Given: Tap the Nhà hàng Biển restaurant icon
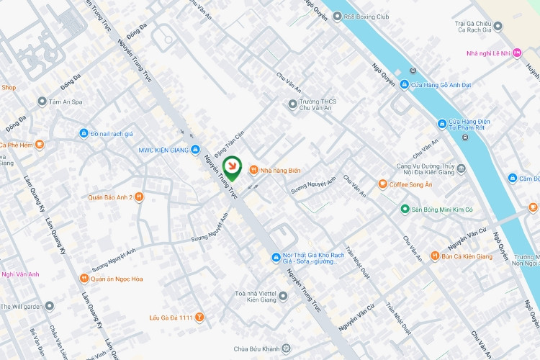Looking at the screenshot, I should tap(253, 170).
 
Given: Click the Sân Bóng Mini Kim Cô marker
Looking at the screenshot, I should tap(405, 209).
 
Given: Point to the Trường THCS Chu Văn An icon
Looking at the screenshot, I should tap(292, 104).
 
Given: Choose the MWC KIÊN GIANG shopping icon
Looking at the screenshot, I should tap(196, 150).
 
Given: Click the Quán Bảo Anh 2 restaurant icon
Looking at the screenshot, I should tap(139, 197).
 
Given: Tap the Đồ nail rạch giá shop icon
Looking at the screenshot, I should tap(84, 133).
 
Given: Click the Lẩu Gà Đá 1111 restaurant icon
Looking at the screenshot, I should tap(199, 317).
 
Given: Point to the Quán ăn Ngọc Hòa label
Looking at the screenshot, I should tap(116, 279).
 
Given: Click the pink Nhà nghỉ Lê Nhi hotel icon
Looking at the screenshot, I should tap(517, 53).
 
